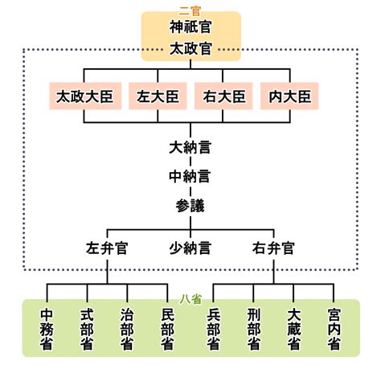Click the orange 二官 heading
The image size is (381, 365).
[190, 10]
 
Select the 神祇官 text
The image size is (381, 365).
[190, 27]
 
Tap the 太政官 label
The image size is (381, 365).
[190, 49]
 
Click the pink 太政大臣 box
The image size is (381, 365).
[85, 96]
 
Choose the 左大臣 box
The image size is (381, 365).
[158, 96]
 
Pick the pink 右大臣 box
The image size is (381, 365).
[223, 96]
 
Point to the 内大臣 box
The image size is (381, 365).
[289, 96]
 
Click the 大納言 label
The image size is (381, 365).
[190, 147]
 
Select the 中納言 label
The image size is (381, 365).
[190, 176]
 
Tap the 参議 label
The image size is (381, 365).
[190, 206]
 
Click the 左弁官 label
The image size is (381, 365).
[107, 248]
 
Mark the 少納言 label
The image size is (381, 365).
[190, 248]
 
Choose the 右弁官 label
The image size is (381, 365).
[273, 248]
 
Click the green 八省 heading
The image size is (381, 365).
[190, 299]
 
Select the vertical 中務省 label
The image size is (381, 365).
[47, 330]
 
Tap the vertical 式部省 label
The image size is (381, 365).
[87, 330]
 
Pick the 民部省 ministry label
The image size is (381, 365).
[168, 330]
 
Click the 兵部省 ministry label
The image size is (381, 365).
[214, 330]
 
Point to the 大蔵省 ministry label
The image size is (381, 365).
[293, 330]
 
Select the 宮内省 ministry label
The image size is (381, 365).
[334, 330]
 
